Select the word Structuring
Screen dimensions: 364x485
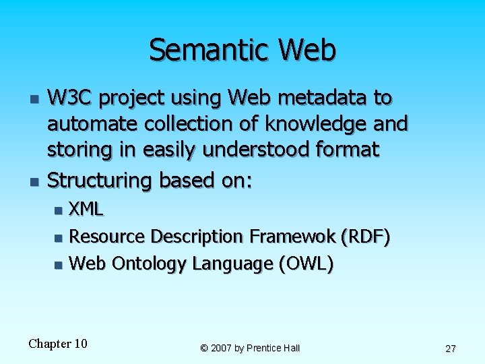click(101, 180)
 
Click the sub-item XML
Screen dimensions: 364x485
click(86, 209)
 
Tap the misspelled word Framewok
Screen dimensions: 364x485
click(293, 237)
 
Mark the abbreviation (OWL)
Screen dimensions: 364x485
click(306, 264)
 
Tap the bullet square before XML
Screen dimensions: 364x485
click(59, 210)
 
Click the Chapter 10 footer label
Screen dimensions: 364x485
click(58, 344)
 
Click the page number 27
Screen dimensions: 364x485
click(451, 348)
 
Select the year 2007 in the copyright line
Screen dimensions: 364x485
click(222, 348)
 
